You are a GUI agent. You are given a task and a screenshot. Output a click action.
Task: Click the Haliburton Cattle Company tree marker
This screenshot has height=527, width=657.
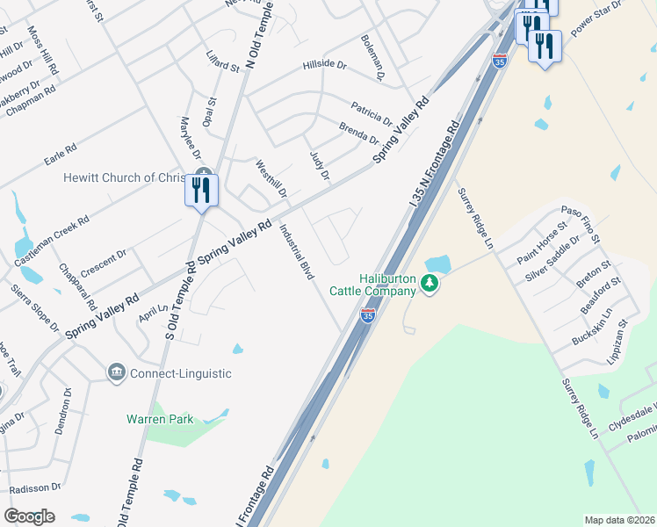(x=429, y=283)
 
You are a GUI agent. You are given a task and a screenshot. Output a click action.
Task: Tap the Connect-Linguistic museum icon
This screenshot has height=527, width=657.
(x=116, y=373)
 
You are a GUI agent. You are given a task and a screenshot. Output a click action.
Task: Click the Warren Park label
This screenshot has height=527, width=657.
(x=159, y=419)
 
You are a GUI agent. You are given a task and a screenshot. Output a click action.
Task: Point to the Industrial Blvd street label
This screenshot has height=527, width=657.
(x=297, y=252)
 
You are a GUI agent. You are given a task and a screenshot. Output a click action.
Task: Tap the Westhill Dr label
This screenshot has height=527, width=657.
(x=271, y=179)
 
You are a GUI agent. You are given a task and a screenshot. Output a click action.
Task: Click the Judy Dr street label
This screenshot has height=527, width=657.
(x=319, y=166)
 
